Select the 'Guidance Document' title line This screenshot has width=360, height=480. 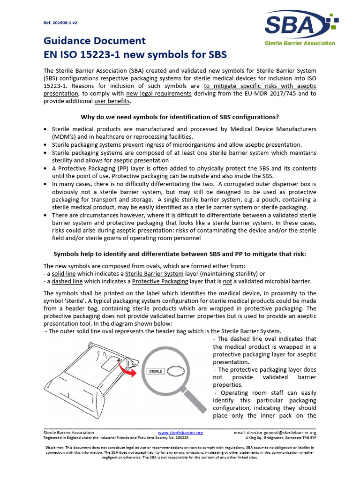coord(94,41)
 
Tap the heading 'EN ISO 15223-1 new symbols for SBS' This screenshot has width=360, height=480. coord(135,54)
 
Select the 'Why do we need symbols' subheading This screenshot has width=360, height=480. coord(180,117)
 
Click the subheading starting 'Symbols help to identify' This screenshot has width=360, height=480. coord(180,254)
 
